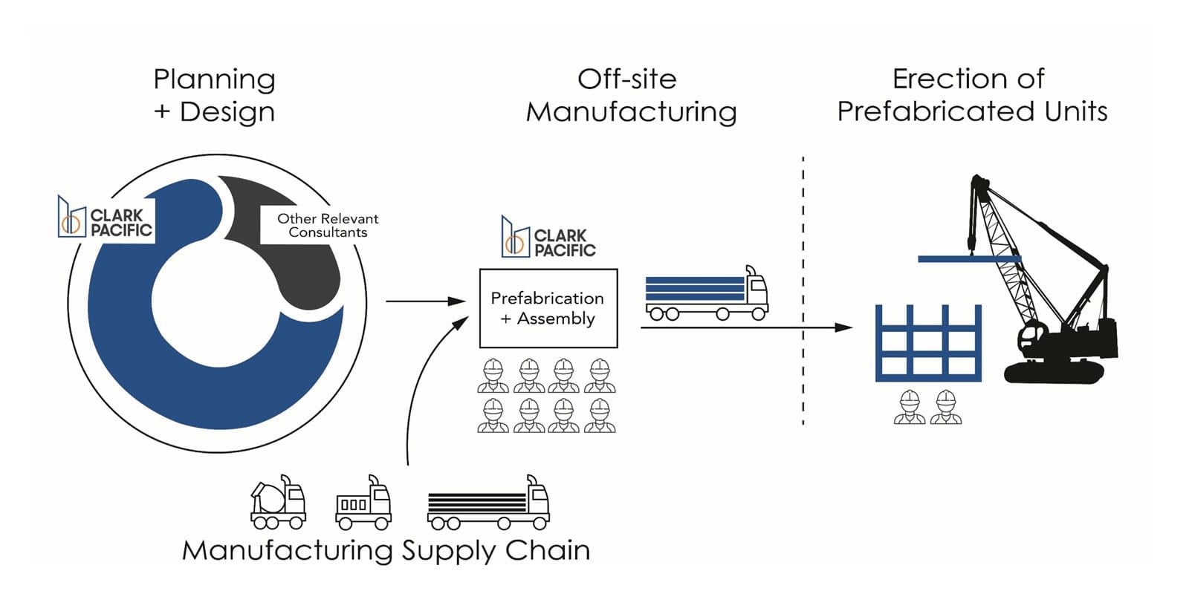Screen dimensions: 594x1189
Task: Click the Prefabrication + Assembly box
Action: (x=548, y=308)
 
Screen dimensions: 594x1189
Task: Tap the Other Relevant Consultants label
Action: (x=328, y=225)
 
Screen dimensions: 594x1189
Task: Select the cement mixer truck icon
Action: (x=278, y=503)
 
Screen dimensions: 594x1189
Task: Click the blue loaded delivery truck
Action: (x=706, y=295)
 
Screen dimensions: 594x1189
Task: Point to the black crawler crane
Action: (x=1055, y=312)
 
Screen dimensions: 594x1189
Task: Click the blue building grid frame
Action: (x=928, y=343)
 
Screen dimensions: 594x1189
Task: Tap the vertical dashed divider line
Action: (x=803, y=290)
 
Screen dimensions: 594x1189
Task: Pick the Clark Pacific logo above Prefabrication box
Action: (x=548, y=238)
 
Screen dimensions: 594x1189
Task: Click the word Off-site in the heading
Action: (x=626, y=79)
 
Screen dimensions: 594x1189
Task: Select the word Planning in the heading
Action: (x=214, y=79)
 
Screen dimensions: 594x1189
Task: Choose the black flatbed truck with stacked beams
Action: (x=487, y=505)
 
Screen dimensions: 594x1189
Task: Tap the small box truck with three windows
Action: (x=363, y=505)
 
